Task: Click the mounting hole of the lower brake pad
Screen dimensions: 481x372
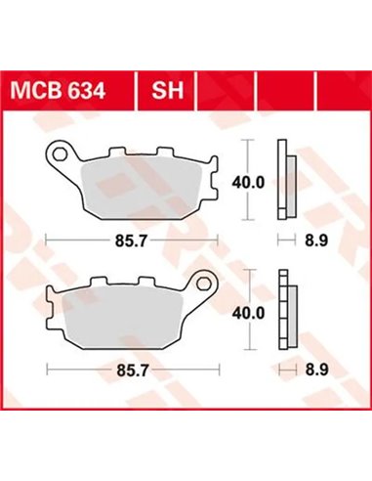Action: tap(207, 285)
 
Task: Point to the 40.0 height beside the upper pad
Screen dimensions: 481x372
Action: tap(253, 181)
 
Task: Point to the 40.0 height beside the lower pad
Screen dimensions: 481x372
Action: tap(253, 313)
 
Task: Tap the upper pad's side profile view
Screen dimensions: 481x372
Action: tap(285, 181)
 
